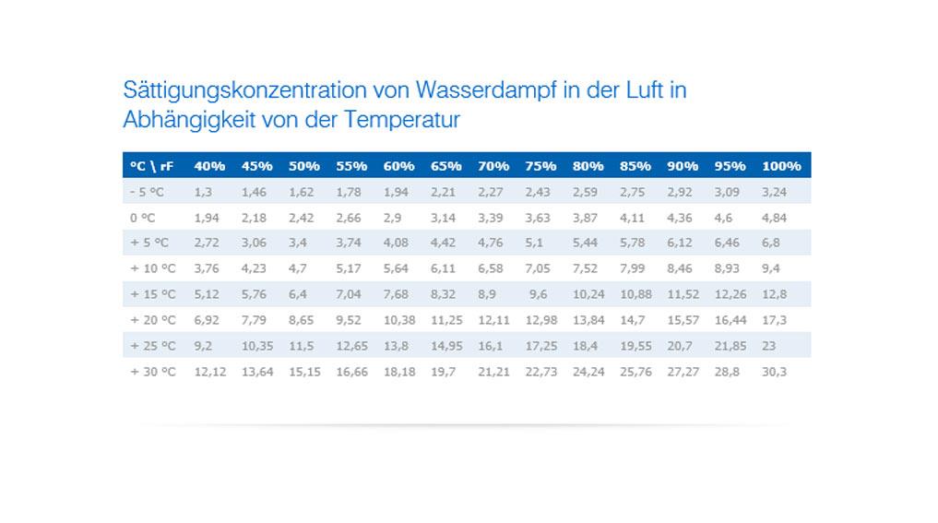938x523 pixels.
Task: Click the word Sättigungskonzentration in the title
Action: click(x=243, y=90)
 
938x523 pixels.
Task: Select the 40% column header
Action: click(x=209, y=166)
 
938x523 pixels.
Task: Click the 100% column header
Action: click(x=780, y=166)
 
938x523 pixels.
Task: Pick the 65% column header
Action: click(x=445, y=166)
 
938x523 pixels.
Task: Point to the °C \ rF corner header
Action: click(x=151, y=166)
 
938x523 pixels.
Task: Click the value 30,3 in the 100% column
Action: click(x=774, y=371)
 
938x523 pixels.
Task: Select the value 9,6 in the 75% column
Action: click(x=538, y=294)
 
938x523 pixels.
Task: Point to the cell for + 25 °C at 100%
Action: click(x=769, y=346)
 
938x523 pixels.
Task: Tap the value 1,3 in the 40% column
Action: click(x=203, y=192)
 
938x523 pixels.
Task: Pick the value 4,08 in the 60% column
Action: click(x=398, y=244)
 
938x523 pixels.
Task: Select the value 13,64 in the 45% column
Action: click(x=256, y=371)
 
